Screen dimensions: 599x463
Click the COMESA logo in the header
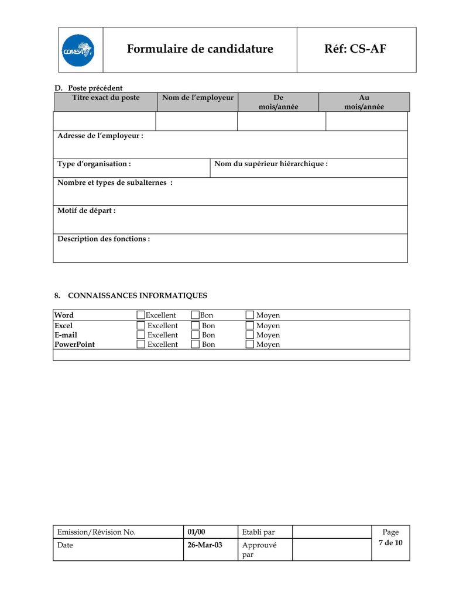[78, 50]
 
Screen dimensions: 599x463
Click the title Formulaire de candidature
[200, 49]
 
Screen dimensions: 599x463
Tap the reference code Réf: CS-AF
[355, 49]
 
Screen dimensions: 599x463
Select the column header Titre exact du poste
[106, 98]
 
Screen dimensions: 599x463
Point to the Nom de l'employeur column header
[198, 98]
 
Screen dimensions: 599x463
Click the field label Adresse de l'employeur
[100, 136]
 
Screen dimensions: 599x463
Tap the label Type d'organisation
[94, 164]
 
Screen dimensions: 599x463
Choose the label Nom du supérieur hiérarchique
[271, 164]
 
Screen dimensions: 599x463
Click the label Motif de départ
[86, 211]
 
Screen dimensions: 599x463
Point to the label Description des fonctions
[104, 239]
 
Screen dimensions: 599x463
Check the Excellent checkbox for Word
[140, 315]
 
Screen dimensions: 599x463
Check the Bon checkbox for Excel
[196, 325]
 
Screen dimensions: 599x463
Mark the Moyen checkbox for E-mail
[250, 335]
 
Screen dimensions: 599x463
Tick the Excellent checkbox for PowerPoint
[140, 345]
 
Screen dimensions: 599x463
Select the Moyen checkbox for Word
[250, 315]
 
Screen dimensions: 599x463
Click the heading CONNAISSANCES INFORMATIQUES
[137, 295]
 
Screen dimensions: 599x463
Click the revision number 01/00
[196, 532]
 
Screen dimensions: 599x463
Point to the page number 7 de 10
[390, 543]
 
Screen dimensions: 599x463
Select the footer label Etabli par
[258, 532]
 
